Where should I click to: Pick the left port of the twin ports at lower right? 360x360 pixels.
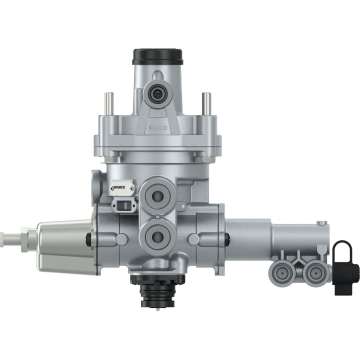(x=280, y=271)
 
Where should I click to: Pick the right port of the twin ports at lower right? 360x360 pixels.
(x=314, y=271)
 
